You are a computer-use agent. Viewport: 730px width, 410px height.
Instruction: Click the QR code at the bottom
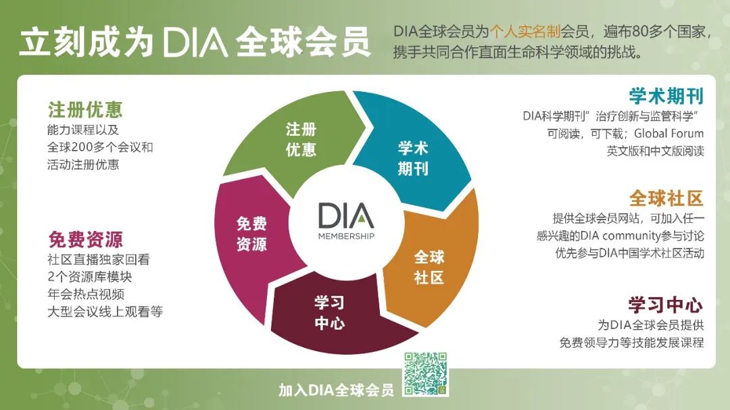(425, 374)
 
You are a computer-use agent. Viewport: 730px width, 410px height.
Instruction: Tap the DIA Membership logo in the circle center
(346, 222)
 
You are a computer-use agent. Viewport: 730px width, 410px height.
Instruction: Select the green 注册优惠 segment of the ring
(298, 140)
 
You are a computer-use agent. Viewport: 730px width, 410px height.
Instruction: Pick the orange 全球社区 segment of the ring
(431, 265)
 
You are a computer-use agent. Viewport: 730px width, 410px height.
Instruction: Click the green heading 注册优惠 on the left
(85, 110)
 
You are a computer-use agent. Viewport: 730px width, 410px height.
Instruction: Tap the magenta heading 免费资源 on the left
(85, 239)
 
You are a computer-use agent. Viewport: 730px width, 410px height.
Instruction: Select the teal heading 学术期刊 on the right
(666, 96)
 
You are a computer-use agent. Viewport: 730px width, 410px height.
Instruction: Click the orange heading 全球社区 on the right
(666, 199)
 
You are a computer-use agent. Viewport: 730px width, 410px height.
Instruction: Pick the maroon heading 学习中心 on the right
(666, 305)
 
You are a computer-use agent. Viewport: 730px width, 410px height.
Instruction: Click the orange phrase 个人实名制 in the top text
(525, 32)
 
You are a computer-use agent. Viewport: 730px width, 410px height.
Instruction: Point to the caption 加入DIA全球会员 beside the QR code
(336, 390)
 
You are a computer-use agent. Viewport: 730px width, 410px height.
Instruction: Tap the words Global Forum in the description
(669, 134)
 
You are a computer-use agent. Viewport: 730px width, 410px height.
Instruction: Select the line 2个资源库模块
(90, 277)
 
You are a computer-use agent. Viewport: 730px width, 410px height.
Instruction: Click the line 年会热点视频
(86, 294)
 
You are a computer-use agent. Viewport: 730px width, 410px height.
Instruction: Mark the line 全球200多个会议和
(100, 147)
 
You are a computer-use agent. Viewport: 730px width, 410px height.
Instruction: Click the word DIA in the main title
(195, 42)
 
